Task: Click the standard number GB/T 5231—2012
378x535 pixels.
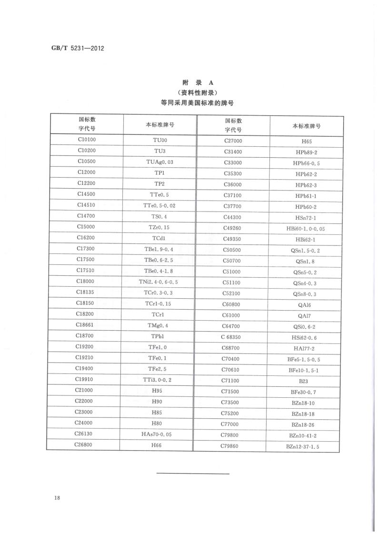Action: coord(77,49)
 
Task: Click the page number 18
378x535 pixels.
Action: coord(57,498)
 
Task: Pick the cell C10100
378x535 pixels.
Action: coord(87,140)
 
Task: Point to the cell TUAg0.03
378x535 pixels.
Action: coord(159,162)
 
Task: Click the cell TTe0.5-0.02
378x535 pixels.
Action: coord(159,205)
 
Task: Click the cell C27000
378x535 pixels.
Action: coord(233,141)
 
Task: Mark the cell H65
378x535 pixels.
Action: coord(307,141)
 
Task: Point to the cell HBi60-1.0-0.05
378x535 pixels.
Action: coord(306,229)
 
